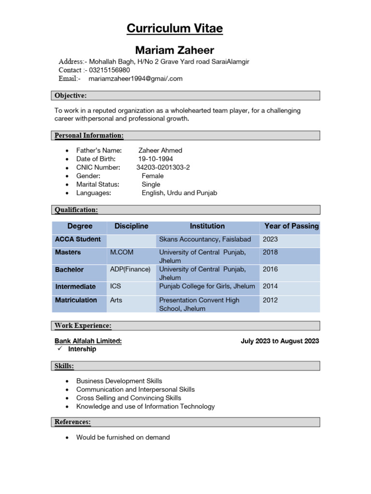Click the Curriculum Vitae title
[x=174, y=28]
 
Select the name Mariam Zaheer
[x=174, y=50]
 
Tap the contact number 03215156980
[x=109, y=70]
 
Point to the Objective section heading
[x=71, y=96]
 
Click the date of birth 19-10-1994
[x=156, y=159]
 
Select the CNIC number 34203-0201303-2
[x=163, y=167]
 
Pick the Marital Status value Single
[x=151, y=184]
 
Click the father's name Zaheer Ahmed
[x=160, y=151]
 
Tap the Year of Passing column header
[x=291, y=226]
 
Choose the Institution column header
[x=207, y=226]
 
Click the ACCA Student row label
[x=78, y=239]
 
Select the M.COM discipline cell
[x=122, y=252]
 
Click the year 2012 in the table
[x=270, y=300]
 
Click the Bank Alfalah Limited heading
[x=88, y=341]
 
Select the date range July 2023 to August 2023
[x=280, y=341]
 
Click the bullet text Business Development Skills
[x=119, y=381]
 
